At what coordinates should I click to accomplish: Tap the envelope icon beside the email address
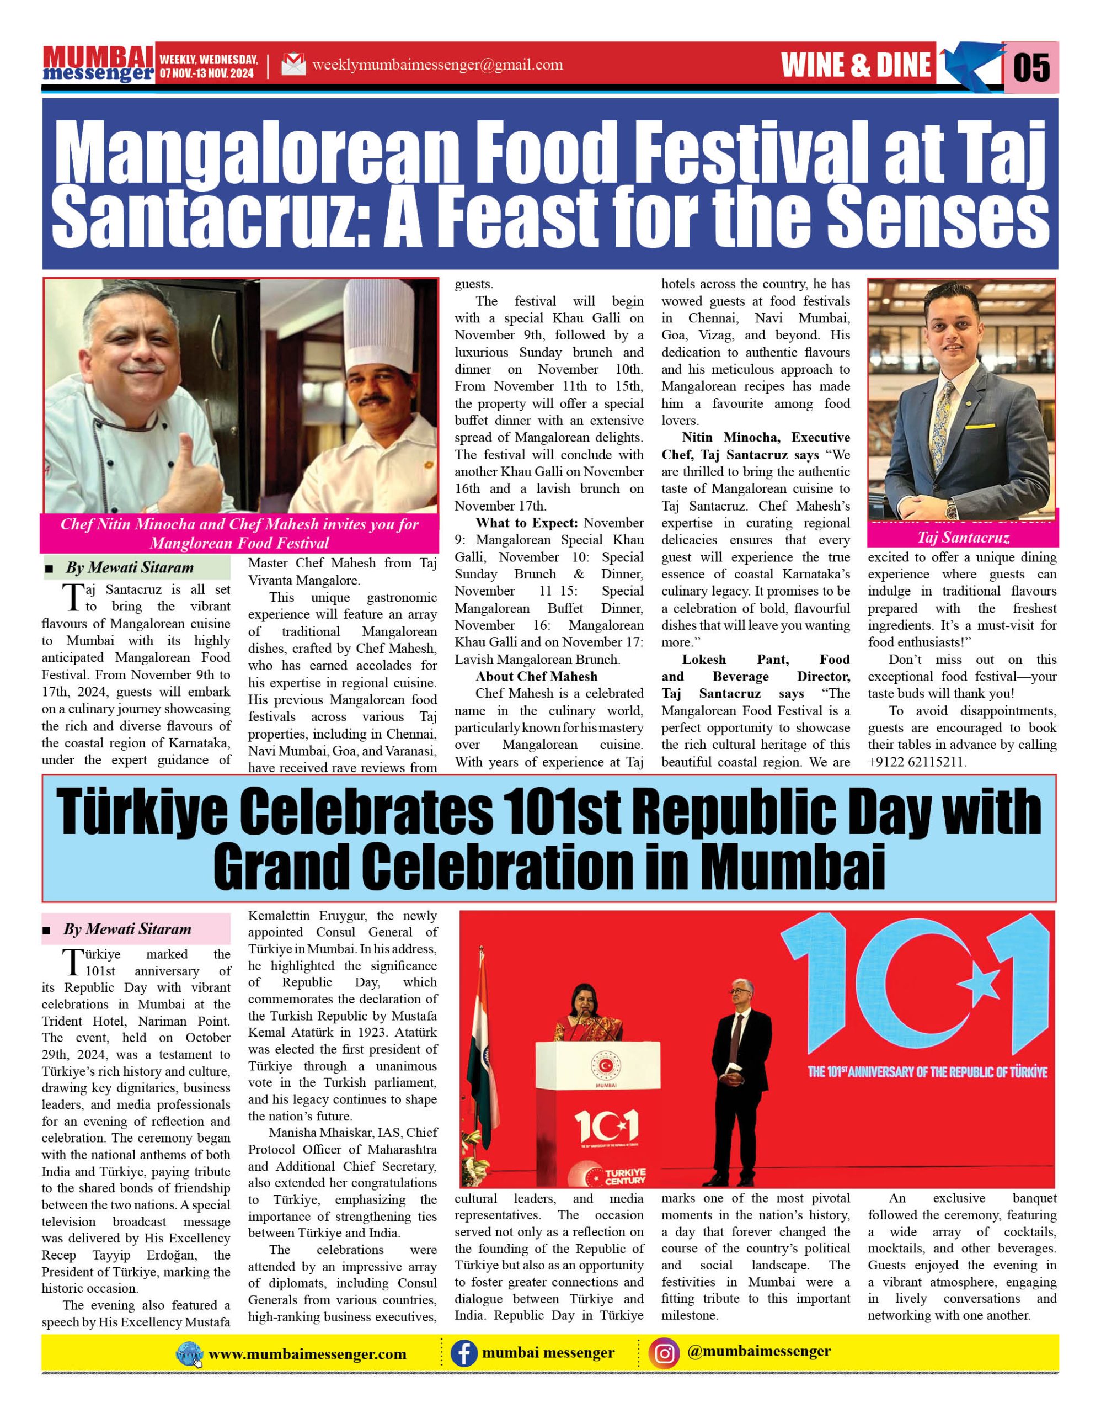[x=293, y=65]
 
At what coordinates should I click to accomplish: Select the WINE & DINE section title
[x=856, y=65]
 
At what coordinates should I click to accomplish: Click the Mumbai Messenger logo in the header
[x=98, y=65]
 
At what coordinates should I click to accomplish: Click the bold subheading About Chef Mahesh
[x=537, y=676]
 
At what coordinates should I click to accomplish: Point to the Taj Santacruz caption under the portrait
[x=963, y=538]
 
